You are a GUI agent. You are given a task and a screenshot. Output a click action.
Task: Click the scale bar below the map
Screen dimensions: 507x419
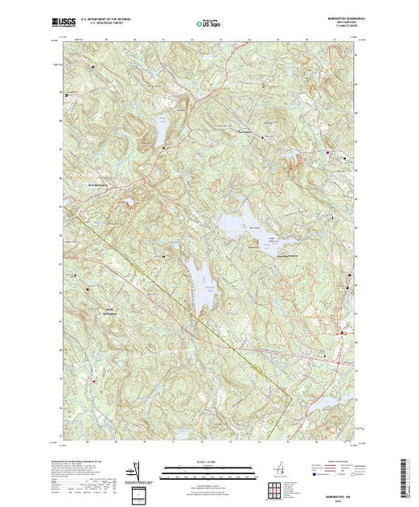204,467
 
